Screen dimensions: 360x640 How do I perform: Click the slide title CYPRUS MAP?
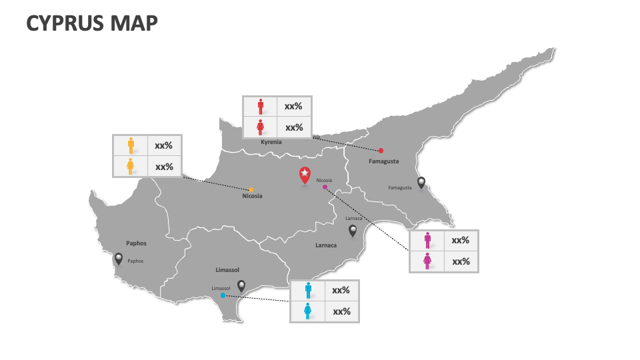point(92,23)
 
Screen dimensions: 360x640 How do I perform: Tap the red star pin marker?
point(305,175)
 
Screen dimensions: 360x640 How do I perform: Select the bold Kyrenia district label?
point(271,142)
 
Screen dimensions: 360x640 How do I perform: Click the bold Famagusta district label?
point(384,161)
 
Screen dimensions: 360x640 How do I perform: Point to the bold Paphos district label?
point(136,243)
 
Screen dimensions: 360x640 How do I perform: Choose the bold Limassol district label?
point(227,270)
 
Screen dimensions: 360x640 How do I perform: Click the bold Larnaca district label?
point(326,245)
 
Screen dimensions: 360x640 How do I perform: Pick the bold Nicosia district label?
point(252,196)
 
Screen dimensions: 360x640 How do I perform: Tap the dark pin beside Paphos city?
point(119,259)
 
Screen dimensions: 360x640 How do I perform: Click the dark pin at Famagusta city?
point(421,182)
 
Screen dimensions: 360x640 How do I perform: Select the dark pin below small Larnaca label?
point(353,231)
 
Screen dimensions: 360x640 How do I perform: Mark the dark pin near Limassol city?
point(241,285)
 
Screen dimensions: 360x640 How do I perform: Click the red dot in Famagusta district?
point(381,151)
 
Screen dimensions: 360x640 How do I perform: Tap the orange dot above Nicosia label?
point(251,189)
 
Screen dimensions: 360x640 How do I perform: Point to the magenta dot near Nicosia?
point(325,187)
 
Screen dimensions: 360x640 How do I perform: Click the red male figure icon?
point(261,106)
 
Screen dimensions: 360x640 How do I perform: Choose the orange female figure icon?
point(131,166)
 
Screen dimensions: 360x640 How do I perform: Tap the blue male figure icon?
point(308,290)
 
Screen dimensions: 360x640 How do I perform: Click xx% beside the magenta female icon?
point(461,261)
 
